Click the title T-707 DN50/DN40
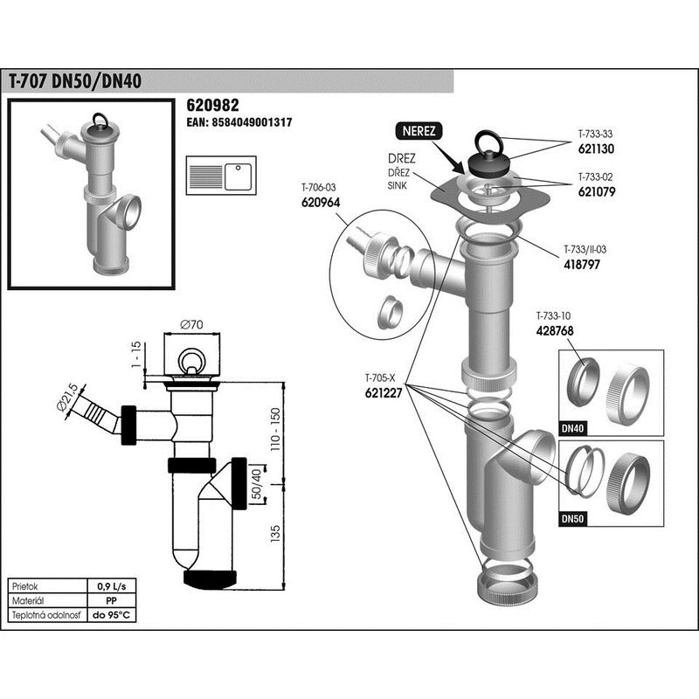[x=75, y=81]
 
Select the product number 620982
[x=212, y=105]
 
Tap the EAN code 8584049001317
[x=239, y=122]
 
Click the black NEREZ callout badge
[x=419, y=131]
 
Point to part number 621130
[x=596, y=149]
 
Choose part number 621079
[x=597, y=191]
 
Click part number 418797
[x=582, y=265]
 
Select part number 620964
[x=321, y=203]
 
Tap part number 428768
[x=555, y=331]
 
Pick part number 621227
[x=384, y=392]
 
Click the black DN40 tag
[x=573, y=429]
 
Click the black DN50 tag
[x=573, y=519]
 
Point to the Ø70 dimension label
[x=191, y=324]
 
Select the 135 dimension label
[x=275, y=534]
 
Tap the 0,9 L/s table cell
[x=112, y=586]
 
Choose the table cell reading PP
[x=112, y=601]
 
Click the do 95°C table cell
[x=112, y=615]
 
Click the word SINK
[x=398, y=185]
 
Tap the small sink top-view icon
[x=221, y=176]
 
